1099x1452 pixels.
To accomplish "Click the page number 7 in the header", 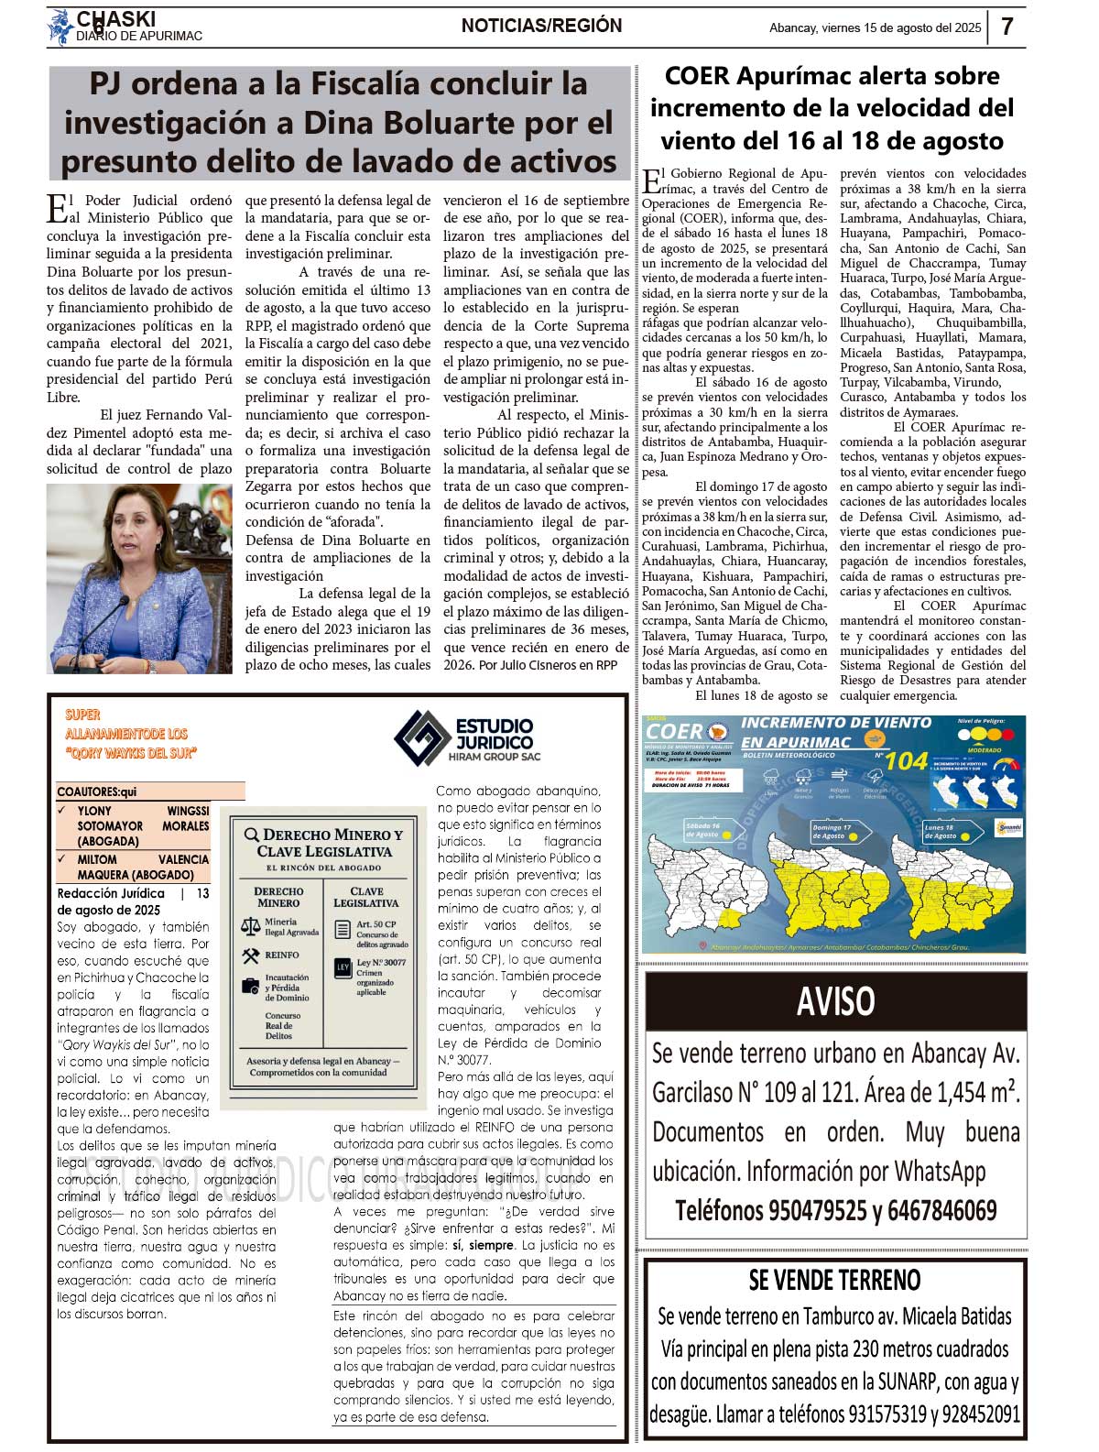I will tap(1007, 27).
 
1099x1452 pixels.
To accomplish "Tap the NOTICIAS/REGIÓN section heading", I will tap(541, 26).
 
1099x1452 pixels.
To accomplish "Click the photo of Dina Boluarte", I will tap(139, 579).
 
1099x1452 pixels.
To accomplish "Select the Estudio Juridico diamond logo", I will tap(422, 737).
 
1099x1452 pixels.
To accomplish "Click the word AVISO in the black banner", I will tap(835, 1001).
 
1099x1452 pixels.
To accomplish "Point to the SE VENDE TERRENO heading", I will tap(834, 1280).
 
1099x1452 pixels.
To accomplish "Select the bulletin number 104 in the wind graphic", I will tap(907, 760).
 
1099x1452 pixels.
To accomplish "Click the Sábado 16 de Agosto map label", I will tap(703, 830).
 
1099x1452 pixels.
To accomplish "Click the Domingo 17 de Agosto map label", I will tap(831, 832).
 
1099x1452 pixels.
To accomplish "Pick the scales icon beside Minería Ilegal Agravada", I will tap(250, 926).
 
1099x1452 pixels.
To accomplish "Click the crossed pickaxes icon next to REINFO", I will tap(250, 955).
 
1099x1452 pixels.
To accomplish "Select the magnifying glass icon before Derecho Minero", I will tap(250, 835).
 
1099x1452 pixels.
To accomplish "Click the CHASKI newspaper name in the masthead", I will tap(115, 19).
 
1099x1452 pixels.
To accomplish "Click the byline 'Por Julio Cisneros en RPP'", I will tap(548, 665).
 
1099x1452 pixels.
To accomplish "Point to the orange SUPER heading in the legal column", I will tap(82, 715).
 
